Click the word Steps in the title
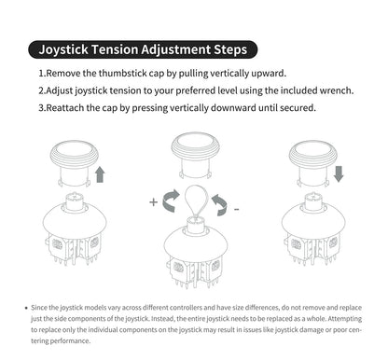coord(230,50)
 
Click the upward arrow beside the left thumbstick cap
coord(100,174)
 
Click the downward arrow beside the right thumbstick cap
coord(339,173)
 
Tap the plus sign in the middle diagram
coord(153,202)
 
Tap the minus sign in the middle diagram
coord(237,209)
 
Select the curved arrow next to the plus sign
coord(171,201)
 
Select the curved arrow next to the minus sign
coord(219,204)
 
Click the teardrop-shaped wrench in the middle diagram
coord(196,201)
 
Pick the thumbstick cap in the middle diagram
coord(195,155)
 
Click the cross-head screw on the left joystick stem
coord(75,197)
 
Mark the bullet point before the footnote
coord(26,308)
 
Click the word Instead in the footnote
coord(163,319)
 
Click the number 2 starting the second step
coord(41,90)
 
